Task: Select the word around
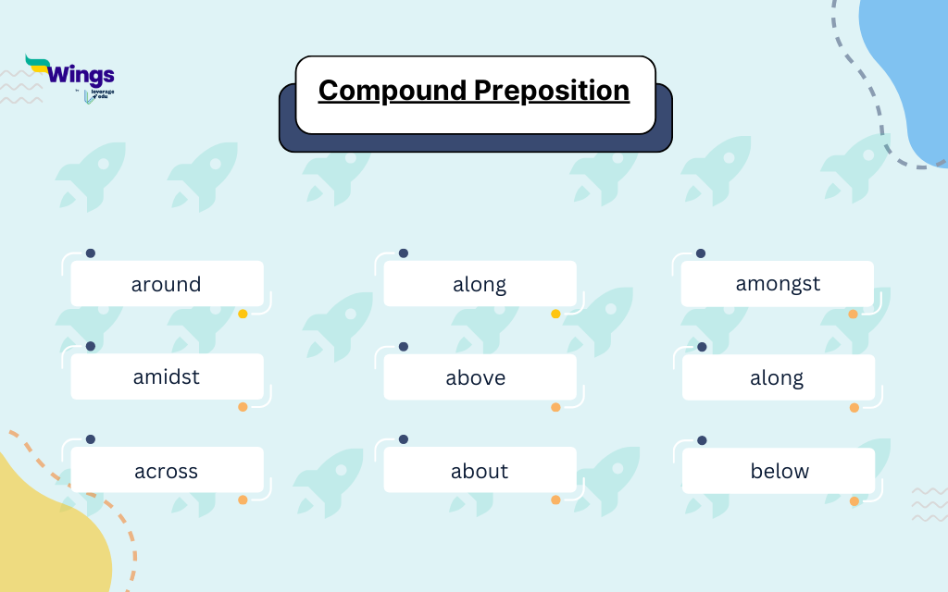(x=166, y=284)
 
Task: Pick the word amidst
(x=166, y=377)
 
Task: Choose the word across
(x=166, y=471)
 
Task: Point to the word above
(x=476, y=377)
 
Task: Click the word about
(x=480, y=471)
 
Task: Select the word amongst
(x=778, y=284)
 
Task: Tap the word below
(x=780, y=471)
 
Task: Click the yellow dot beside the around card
(x=243, y=314)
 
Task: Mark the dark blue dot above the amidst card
(x=90, y=347)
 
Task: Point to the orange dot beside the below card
(x=854, y=501)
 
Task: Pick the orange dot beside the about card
(x=555, y=500)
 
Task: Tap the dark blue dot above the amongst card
(x=701, y=253)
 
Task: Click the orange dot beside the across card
(x=243, y=500)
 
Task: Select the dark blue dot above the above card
(x=403, y=347)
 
